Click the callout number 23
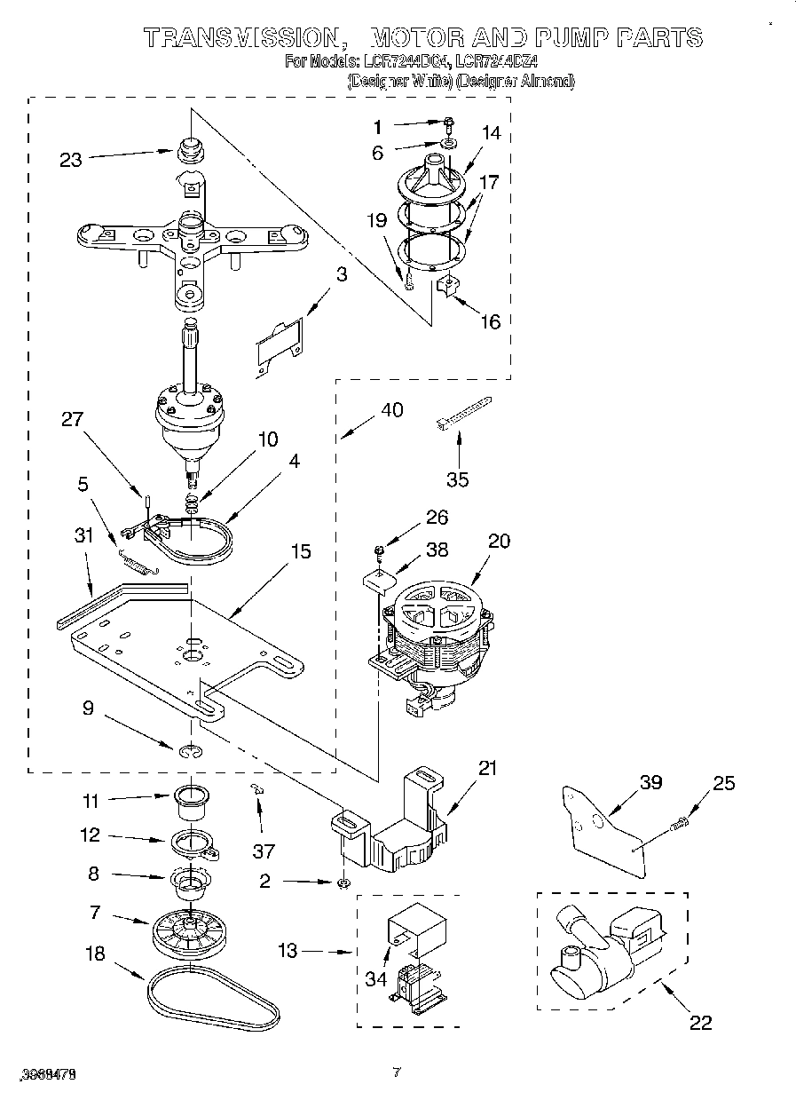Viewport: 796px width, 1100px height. [70, 160]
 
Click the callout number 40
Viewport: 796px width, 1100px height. [391, 409]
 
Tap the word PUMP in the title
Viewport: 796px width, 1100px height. [565, 37]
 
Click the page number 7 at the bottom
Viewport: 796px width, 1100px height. [398, 1073]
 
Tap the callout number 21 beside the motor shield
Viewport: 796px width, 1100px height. [486, 767]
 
